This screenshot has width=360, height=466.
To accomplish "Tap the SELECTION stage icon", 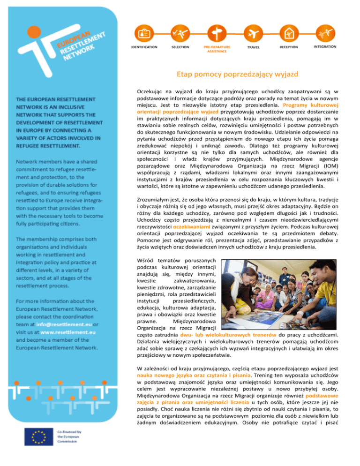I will (x=180, y=34).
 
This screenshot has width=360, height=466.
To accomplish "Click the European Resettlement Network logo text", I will (x=80, y=44).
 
